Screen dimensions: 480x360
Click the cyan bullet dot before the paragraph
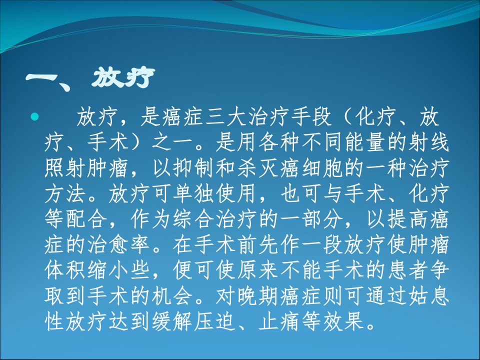point(34,116)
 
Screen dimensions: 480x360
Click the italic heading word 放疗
point(123,78)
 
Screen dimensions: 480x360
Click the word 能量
point(366,142)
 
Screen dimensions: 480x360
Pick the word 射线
point(429,142)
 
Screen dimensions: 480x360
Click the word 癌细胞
point(311,168)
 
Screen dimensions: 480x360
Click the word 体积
point(66,270)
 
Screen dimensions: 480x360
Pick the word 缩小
point(108,270)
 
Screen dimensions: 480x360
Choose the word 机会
point(172,296)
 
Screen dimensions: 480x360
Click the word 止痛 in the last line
point(279,321)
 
